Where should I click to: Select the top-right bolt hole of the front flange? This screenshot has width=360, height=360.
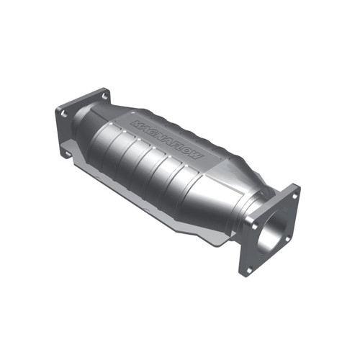[294, 193]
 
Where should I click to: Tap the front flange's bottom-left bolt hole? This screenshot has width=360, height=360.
[249, 269]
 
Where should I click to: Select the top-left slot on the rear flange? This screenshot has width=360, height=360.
[63, 114]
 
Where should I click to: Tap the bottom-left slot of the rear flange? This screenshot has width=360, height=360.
[69, 153]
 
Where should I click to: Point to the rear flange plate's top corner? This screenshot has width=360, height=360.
[104, 89]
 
